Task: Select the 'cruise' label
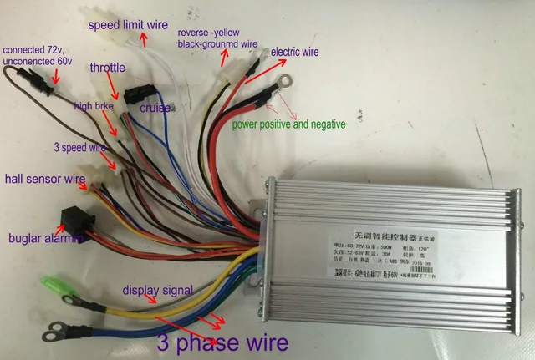pos(155,108)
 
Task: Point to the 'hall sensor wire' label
pos(45,179)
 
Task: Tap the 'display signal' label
pos(158,291)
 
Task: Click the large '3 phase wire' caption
pos(222,342)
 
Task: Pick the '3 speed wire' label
pos(83,148)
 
